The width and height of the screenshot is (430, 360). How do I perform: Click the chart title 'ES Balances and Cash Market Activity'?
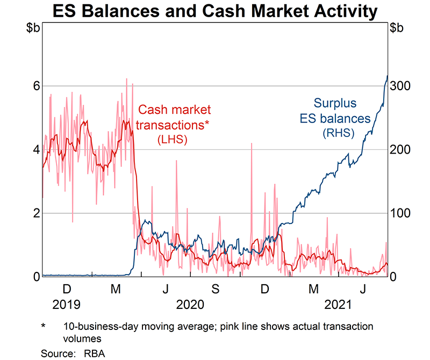click(x=215, y=11)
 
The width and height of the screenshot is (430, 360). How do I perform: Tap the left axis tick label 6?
click(x=35, y=86)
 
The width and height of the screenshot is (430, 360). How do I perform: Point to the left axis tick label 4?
click(x=35, y=149)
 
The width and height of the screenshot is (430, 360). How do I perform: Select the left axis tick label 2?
click(x=35, y=213)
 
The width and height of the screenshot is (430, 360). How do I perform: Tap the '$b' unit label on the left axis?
click(x=33, y=29)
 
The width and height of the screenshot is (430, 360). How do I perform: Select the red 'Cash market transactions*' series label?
click(x=173, y=117)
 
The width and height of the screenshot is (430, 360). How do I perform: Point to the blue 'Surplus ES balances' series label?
click(x=335, y=110)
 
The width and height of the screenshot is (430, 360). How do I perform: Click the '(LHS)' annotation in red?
click(x=173, y=140)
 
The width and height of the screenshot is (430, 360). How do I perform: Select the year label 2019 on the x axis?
click(x=66, y=305)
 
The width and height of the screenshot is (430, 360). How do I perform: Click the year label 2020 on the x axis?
click(x=190, y=305)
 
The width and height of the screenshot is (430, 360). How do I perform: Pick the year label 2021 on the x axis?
click(x=338, y=305)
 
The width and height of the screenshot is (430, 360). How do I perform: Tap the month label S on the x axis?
click(x=215, y=290)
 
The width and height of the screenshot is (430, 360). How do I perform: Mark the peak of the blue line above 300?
click(x=388, y=76)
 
